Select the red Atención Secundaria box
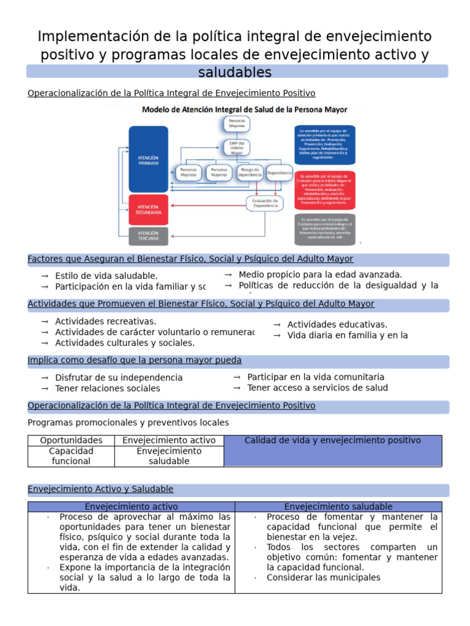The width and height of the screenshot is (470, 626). click(148, 209)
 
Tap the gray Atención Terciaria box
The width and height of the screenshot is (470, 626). click(148, 235)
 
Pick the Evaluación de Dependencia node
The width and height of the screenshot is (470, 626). click(266, 203)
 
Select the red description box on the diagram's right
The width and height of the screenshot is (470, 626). click(324, 190)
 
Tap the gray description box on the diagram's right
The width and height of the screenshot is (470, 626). click(324, 229)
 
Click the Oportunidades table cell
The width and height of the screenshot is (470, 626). click(71, 440)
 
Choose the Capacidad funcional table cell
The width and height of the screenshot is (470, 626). click(71, 456)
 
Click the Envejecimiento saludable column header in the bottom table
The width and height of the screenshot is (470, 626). click(338, 507)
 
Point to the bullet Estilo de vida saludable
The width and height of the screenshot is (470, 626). click(106, 276)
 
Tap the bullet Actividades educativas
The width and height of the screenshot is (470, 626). click(337, 325)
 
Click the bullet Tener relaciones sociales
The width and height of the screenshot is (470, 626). click(107, 388)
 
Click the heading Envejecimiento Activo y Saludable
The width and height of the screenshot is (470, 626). click(100, 489)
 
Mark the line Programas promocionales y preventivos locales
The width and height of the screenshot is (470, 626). click(128, 422)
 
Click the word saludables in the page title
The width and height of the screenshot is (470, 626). click(235, 73)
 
